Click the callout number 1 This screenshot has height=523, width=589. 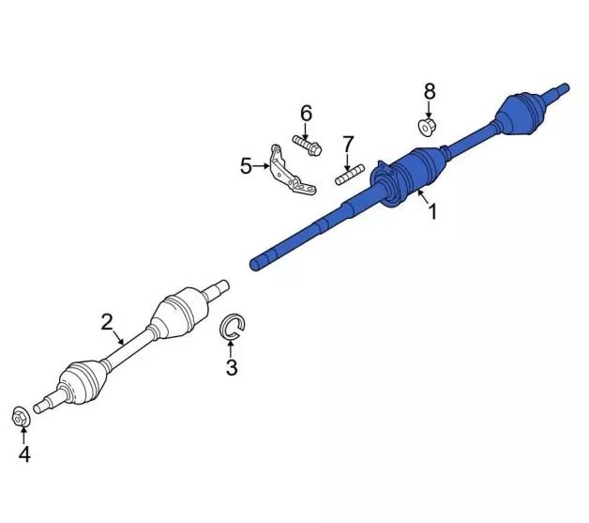point(432,211)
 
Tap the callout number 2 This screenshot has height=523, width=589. point(107,322)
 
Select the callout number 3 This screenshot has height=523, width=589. point(232,367)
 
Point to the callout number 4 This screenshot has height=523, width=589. point(24,454)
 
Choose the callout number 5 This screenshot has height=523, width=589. point(246,166)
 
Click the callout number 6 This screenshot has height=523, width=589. point(306,114)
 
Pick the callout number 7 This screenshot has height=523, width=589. point(348,145)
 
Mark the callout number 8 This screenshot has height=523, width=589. point(430,91)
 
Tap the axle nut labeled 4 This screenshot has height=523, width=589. point(20,417)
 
